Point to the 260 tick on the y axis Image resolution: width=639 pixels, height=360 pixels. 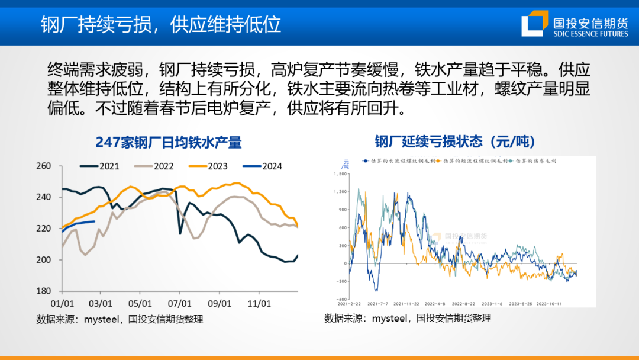click(x=44, y=166)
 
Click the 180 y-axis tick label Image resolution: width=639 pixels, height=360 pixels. click(x=44, y=291)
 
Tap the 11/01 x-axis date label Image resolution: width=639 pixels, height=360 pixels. click(x=259, y=303)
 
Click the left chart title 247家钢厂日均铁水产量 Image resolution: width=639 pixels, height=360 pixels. click(x=169, y=142)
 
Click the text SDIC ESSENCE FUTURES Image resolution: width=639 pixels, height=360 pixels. click(x=590, y=34)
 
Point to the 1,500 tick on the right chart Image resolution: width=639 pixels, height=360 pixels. click(x=340, y=174)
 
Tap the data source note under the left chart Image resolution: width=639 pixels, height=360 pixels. click(x=120, y=319)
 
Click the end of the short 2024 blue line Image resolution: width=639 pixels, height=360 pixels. click(x=95, y=221)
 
